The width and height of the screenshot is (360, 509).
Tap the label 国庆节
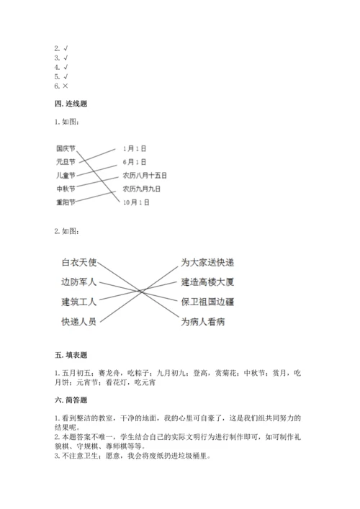tap(66, 148)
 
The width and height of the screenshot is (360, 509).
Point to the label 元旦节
tap(66, 162)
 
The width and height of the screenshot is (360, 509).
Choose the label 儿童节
tap(66, 176)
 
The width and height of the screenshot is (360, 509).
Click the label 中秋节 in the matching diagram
tap(66, 189)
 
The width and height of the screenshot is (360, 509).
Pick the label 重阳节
tap(66, 202)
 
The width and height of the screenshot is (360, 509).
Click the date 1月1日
tap(135, 148)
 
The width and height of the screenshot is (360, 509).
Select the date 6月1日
tap(135, 162)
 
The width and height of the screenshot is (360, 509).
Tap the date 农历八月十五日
tap(145, 176)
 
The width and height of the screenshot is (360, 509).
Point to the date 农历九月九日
tap(141, 189)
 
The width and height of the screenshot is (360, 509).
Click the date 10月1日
tap(136, 203)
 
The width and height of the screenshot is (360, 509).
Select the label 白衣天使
tap(78, 262)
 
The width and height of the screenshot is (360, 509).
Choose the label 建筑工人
tap(78, 301)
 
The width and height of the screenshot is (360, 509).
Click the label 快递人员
tap(78, 320)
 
